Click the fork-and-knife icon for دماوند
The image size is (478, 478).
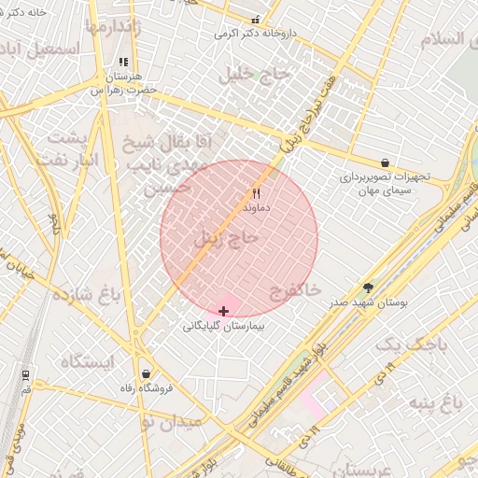[x=256, y=193]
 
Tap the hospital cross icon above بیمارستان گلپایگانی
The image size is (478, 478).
[x=223, y=310]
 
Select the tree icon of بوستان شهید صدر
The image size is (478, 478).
[x=368, y=288]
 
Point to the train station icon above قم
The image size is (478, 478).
[x=24, y=374]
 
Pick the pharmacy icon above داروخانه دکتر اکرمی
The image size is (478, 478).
[x=256, y=20]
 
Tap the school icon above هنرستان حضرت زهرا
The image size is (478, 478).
[x=123, y=63]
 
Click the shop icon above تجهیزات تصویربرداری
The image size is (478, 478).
[x=385, y=162]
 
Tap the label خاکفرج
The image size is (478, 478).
[x=295, y=291]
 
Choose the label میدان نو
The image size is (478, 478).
[x=170, y=422]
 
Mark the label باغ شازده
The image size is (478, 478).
[x=87, y=295]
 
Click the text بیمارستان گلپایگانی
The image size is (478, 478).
[x=224, y=327]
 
